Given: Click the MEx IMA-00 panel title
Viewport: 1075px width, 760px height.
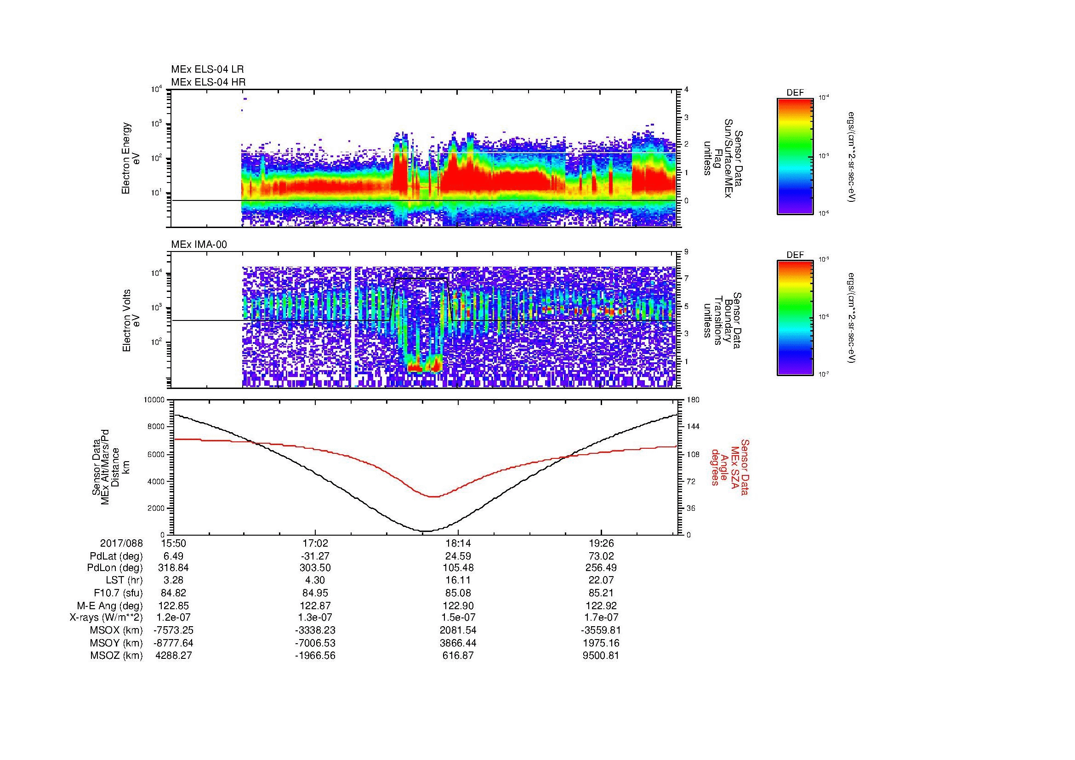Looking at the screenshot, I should pyautogui.click(x=199, y=245).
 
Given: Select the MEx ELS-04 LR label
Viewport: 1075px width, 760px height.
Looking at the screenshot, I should pyautogui.click(x=207, y=69).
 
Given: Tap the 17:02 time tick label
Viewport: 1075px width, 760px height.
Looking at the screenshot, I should pyautogui.click(x=315, y=543).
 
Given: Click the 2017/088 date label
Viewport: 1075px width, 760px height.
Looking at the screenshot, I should pyautogui.click(x=121, y=543).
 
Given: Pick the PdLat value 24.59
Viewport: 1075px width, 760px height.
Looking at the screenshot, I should pyautogui.click(x=458, y=556).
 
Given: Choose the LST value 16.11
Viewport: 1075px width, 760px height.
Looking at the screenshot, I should pyautogui.click(x=458, y=580).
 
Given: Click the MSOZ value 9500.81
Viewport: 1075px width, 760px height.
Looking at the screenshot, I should pyautogui.click(x=601, y=656).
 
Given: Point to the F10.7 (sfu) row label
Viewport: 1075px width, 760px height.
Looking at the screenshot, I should pyautogui.click(x=118, y=593).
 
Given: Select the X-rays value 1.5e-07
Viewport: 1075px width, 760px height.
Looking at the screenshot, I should pyautogui.click(x=458, y=617).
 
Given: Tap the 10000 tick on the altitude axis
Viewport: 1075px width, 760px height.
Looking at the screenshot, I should pyautogui.click(x=154, y=400).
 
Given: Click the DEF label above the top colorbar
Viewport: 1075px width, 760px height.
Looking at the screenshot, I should pyautogui.click(x=795, y=93).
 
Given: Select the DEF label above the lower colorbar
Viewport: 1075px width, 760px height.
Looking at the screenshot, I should pyautogui.click(x=795, y=255).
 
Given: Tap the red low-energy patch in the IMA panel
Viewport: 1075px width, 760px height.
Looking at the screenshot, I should pyautogui.click(x=424, y=366).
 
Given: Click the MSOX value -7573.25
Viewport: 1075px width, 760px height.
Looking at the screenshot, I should pyautogui.click(x=173, y=630).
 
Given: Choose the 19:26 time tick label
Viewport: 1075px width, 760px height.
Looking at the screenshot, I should pyautogui.click(x=601, y=543).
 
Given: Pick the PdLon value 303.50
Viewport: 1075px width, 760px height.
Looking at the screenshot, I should pyautogui.click(x=315, y=568).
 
